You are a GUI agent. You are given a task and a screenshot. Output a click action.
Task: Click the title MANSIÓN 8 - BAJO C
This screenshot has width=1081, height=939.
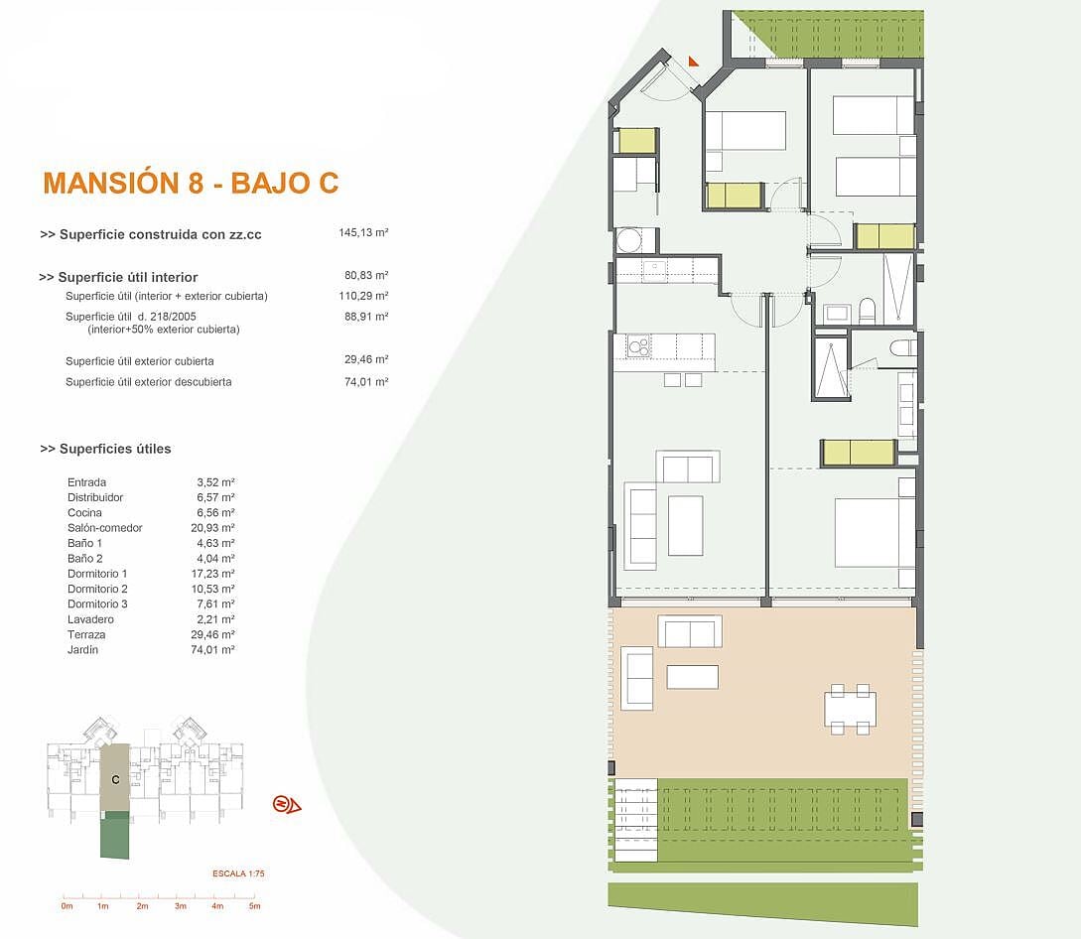191,183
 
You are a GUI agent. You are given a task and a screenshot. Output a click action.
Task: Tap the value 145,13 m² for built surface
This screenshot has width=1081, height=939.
363,233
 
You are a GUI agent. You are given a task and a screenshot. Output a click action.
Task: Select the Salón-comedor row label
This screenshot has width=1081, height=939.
105,528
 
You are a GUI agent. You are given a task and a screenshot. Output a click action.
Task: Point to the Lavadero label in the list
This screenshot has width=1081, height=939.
90,619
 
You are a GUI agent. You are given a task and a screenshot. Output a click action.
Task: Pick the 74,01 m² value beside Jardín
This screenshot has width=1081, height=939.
213,649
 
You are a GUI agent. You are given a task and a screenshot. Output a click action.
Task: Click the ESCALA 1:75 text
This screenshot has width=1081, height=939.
238,873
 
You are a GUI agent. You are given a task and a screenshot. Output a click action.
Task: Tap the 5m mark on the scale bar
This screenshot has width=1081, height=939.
254,906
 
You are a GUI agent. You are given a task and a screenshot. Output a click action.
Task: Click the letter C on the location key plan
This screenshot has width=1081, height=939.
115,780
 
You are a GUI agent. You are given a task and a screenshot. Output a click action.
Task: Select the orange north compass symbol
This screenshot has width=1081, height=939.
287,804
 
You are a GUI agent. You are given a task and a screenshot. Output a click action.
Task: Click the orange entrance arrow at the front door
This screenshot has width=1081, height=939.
694,61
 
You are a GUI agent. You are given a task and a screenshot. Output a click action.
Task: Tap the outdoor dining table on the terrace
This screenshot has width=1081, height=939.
850,709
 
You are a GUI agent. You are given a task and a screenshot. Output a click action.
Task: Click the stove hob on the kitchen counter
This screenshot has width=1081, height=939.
639,345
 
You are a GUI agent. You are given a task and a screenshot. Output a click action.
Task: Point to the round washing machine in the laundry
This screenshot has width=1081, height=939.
628,240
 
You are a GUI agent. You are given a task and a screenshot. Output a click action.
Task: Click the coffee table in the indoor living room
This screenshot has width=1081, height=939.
685,525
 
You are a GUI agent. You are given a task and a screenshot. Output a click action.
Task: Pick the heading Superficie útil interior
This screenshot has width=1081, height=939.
118,277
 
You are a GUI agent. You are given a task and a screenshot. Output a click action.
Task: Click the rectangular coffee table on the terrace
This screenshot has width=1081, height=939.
693,677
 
